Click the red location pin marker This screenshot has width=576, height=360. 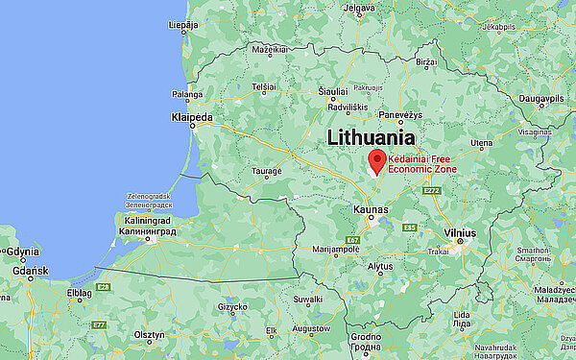click(377, 161)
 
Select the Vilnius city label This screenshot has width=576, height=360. click(461, 232)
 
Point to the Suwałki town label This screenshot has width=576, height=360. click(308, 299)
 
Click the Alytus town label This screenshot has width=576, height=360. click(381, 265)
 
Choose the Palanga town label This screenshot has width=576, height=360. click(188, 94)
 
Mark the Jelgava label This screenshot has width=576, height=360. click(360, 8)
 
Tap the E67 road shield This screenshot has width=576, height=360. click(353, 238)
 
